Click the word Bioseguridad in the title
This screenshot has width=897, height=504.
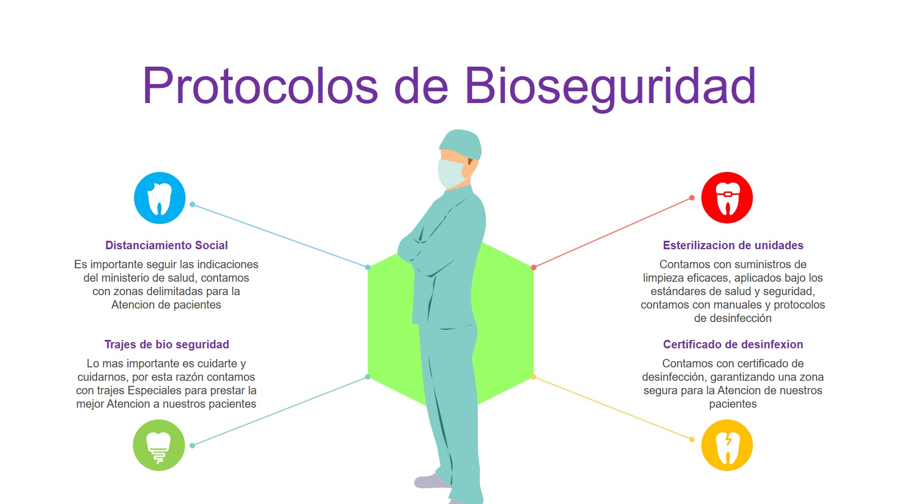coord(610,88)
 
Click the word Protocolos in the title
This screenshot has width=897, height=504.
coord(260,86)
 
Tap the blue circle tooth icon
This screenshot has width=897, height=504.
coord(159,198)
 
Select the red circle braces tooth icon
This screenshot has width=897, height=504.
coord(727,198)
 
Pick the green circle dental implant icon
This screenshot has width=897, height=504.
coord(159,445)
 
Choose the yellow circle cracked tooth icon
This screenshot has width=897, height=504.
coord(727,445)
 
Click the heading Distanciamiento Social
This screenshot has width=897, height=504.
coord(167,245)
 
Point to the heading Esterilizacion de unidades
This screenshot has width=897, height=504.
coord(733,245)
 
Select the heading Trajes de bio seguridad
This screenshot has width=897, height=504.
coord(167,344)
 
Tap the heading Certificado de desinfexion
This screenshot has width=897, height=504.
coord(733,344)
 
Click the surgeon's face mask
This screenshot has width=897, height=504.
coord(452,173)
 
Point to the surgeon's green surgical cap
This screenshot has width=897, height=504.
coord(461,143)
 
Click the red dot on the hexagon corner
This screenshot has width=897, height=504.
coord(533,267)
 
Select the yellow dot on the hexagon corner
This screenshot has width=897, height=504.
coord(533,377)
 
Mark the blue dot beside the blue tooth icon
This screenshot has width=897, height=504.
coord(192,204)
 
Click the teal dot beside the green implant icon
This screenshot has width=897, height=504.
coord(192,446)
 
